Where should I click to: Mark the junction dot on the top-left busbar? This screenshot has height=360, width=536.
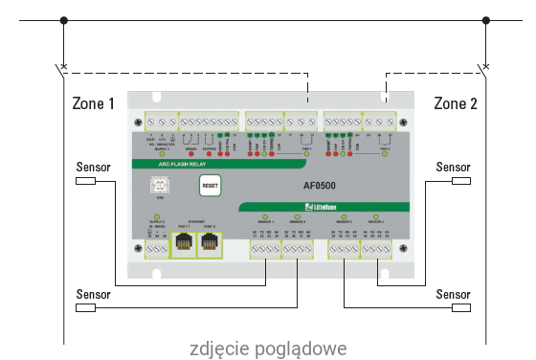coord(64,19)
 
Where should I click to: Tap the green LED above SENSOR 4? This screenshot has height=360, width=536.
coord(378,218)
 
